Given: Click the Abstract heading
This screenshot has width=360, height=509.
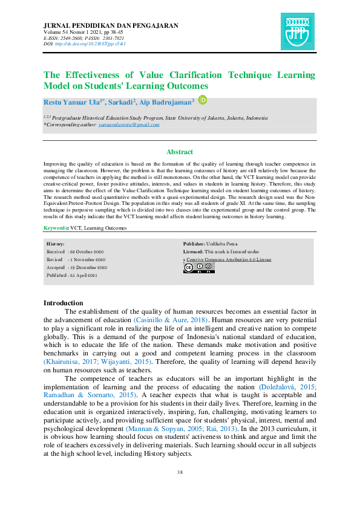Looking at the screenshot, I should (180, 152).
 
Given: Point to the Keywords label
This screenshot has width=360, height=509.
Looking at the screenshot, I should (56, 228).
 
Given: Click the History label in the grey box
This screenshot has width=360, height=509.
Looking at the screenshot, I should (56, 243).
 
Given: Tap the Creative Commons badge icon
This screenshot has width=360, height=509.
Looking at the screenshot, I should (198, 267).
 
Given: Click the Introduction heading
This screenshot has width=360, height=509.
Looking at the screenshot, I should (64, 303).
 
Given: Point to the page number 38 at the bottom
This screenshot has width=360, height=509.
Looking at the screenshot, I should (180, 472).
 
